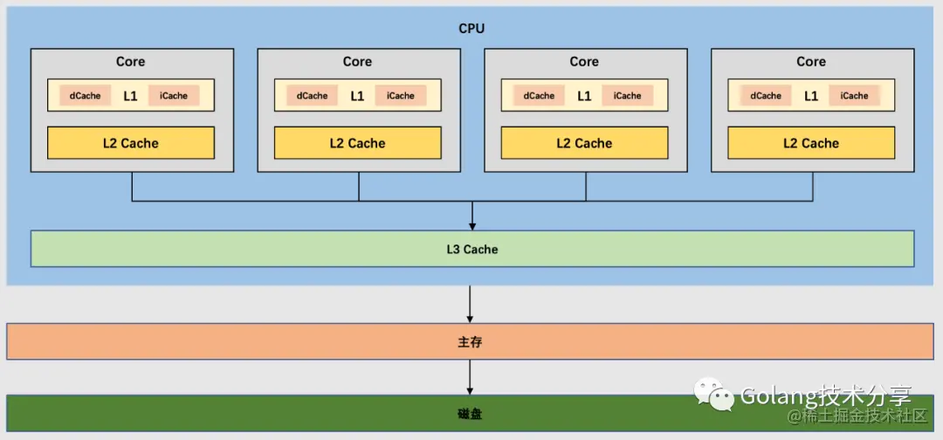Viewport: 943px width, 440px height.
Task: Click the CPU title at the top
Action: [x=471, y=29]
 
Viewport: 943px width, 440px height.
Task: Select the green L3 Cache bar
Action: [x=471, y=249]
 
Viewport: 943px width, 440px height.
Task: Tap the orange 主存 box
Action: [x=471, y=342]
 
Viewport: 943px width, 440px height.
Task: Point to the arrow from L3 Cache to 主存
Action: [x=471, y=303]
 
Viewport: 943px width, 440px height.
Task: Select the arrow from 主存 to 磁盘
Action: [x=471, y=376]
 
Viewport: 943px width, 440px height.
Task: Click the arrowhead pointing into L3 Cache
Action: [x=471, y=226]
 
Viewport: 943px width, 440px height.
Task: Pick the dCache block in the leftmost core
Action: [x=85, y=96]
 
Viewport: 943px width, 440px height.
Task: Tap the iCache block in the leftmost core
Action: [x=174, y=96]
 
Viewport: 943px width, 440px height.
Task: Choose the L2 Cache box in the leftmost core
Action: [x=130, y=143]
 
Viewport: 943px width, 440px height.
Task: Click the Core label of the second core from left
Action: [x=357, y=62]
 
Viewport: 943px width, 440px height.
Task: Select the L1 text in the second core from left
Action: [x=357, y=96]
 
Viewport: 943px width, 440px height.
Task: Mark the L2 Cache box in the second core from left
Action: [x=357, y=143]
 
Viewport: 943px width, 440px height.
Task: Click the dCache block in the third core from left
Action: [x=539, y=96]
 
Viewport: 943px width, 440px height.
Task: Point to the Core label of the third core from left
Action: [x=584, y=62]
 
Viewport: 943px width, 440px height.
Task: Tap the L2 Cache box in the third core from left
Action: [x=584, y=143]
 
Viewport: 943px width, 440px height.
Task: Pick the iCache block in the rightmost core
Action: [x=855, y=96]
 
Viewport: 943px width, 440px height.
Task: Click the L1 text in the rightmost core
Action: [x=811, y=96]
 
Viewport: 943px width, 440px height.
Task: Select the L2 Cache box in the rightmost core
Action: [x=811, y=143]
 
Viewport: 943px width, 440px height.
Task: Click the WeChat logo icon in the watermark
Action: [x=714, y=395]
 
